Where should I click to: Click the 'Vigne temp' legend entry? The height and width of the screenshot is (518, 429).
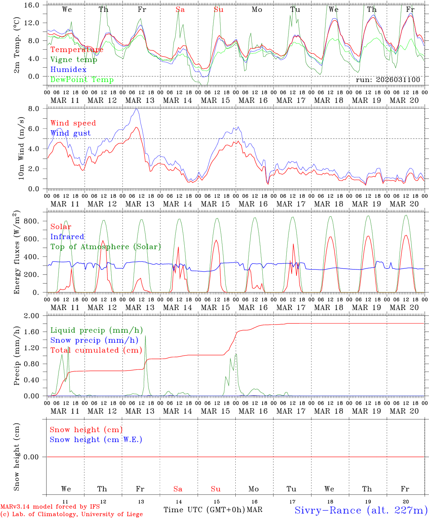pyautogui.click(x=74, y=60)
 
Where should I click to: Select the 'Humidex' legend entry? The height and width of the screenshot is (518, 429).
pyautogui.click(x=68, y=69)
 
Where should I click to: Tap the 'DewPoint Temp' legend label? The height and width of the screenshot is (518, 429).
pyautogui.click(x=82, y=79)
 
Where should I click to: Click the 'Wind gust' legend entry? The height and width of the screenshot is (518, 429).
pyautogui.click(x=70, y=133)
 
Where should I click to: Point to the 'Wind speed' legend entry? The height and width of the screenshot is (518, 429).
pyautogui.click(x=73, y=123)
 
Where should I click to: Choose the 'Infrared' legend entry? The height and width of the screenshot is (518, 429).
pyautogui.click(x=67, y=237)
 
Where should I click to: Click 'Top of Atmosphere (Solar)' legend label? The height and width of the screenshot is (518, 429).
pyautogui.click(x=106, y=247)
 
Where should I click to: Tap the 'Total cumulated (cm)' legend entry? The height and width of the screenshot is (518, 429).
pyautogui.click(x=96, y=350)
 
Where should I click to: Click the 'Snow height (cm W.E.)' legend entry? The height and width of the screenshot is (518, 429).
pyautogui.click(x=96, y=440)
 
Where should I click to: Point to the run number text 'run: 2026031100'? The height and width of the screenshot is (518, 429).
pyautogui.click(x=388, y=80)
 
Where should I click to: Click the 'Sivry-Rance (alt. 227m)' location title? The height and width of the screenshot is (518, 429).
pyautogui.click(x=361, y=510)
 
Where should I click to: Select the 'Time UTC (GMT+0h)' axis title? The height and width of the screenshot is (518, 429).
pyautogui.click(x=204, y=510)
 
